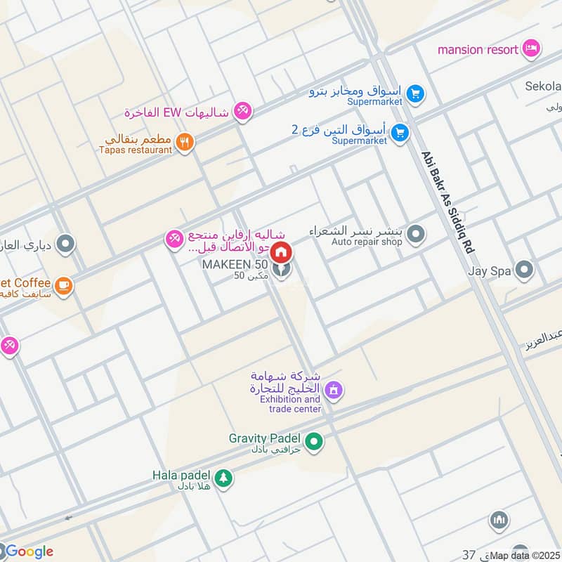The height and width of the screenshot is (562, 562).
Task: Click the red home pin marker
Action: [281, 251]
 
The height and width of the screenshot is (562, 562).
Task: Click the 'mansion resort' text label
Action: [478, 49]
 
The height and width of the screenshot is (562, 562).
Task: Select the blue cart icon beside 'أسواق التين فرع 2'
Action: [400, 131]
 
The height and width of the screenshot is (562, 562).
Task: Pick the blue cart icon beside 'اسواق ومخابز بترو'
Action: [415, 93]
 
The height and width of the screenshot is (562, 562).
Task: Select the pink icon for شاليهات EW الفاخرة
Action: [242, 111]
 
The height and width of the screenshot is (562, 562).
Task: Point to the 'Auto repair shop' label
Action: [367, 242]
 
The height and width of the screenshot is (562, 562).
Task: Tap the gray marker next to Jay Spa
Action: [523, 269]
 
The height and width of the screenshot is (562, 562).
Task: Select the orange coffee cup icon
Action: [64, 285]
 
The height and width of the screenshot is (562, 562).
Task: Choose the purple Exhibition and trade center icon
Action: [334, 389]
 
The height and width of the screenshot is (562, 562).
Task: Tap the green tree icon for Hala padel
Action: [223, 478]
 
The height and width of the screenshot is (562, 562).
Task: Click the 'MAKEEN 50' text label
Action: [235, 264]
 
